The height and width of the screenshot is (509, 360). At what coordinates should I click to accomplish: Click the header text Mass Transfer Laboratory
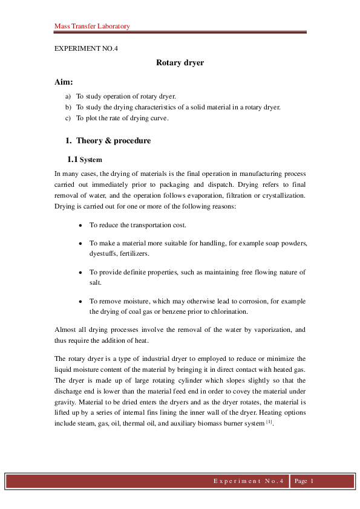[x=92, y=27]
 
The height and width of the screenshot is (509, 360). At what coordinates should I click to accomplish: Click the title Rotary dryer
[x=180, y=63]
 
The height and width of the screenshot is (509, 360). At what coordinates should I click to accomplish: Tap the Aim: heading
[x=64, y=82]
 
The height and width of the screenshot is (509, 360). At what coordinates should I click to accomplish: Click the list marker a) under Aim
[x=68, y=96]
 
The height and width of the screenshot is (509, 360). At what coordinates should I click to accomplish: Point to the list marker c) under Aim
[x=68, y=118]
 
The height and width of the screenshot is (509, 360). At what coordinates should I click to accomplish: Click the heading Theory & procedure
[x=113, y=141]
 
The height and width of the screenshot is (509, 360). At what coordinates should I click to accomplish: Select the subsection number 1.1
[x=72, y=160]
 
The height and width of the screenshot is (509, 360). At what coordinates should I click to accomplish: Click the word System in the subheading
[x=91, y=160]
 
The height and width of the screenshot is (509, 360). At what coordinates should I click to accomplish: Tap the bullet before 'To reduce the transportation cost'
[x=81, y=225]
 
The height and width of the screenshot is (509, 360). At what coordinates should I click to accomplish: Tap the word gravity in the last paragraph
[x=64, y=400]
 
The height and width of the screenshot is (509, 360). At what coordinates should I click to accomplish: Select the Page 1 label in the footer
[x=304, y=482]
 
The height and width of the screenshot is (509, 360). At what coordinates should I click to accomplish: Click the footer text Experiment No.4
[x=249, y=482]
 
